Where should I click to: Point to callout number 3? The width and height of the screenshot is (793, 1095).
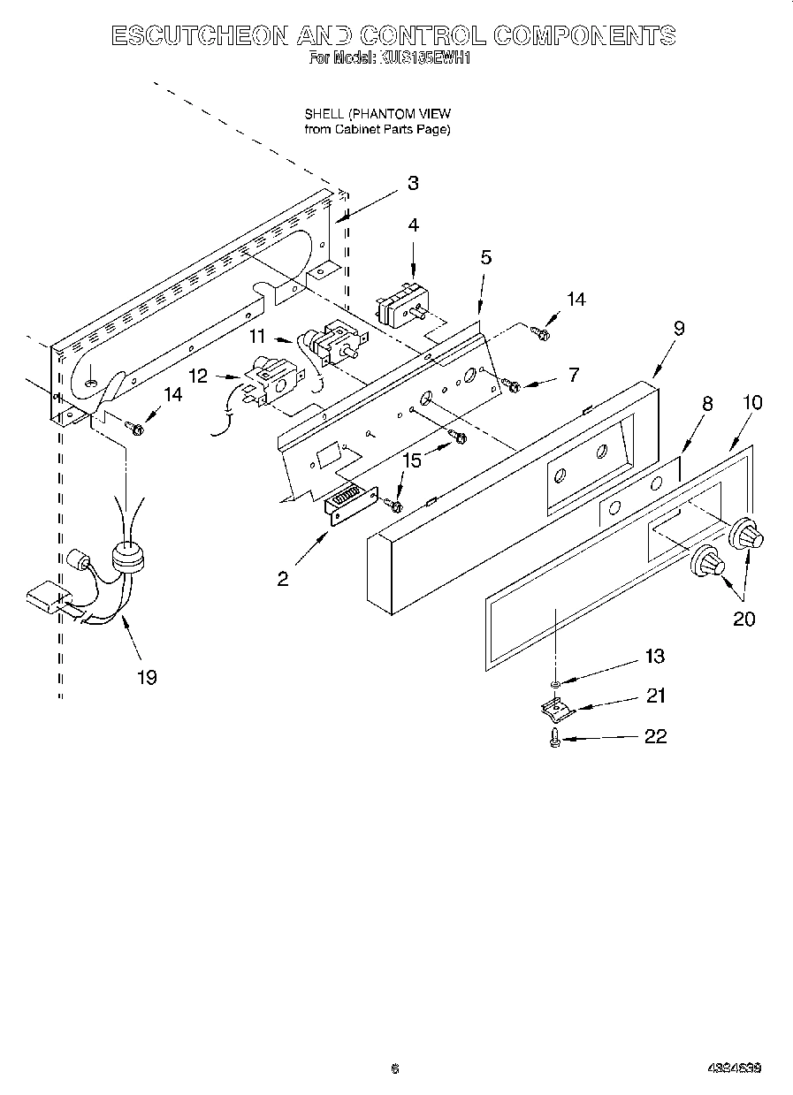point(413,183)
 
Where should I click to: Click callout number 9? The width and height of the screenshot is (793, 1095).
point(678,328)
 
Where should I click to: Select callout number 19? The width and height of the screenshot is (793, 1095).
point(146,677)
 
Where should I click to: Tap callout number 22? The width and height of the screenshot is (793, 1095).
point(655,736)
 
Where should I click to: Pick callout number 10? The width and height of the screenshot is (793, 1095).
point(751,402)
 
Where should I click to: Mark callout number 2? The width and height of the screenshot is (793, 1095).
point(282,579)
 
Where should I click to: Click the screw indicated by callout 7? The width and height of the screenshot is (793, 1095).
point(510,384)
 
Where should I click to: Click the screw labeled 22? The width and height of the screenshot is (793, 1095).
point(554,738)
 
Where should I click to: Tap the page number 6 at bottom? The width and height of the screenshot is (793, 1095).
point(395,1068)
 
